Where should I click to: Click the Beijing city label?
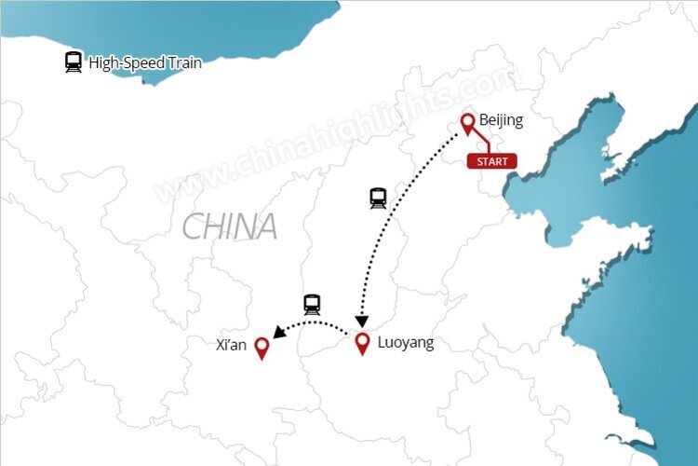pos(501,120)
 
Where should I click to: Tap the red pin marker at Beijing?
pos(468,123)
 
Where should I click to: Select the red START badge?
pos(491,161)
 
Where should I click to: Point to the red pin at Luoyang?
pos(363,342)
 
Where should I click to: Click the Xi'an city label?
pos(230,346)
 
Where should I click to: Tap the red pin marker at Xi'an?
pos(262,349)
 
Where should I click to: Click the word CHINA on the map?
pos(229,226)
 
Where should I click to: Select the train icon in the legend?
pos(74,62)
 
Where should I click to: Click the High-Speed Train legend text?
pos(144,63)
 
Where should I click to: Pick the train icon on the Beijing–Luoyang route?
pos(378,198)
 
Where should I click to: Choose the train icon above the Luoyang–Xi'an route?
pos(312,304)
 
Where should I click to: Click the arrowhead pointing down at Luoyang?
pos(362,321)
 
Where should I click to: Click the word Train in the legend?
pos(182,63)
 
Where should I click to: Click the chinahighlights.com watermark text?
pos(335,135)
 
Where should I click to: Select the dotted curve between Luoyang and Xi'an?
pos(316,322)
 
